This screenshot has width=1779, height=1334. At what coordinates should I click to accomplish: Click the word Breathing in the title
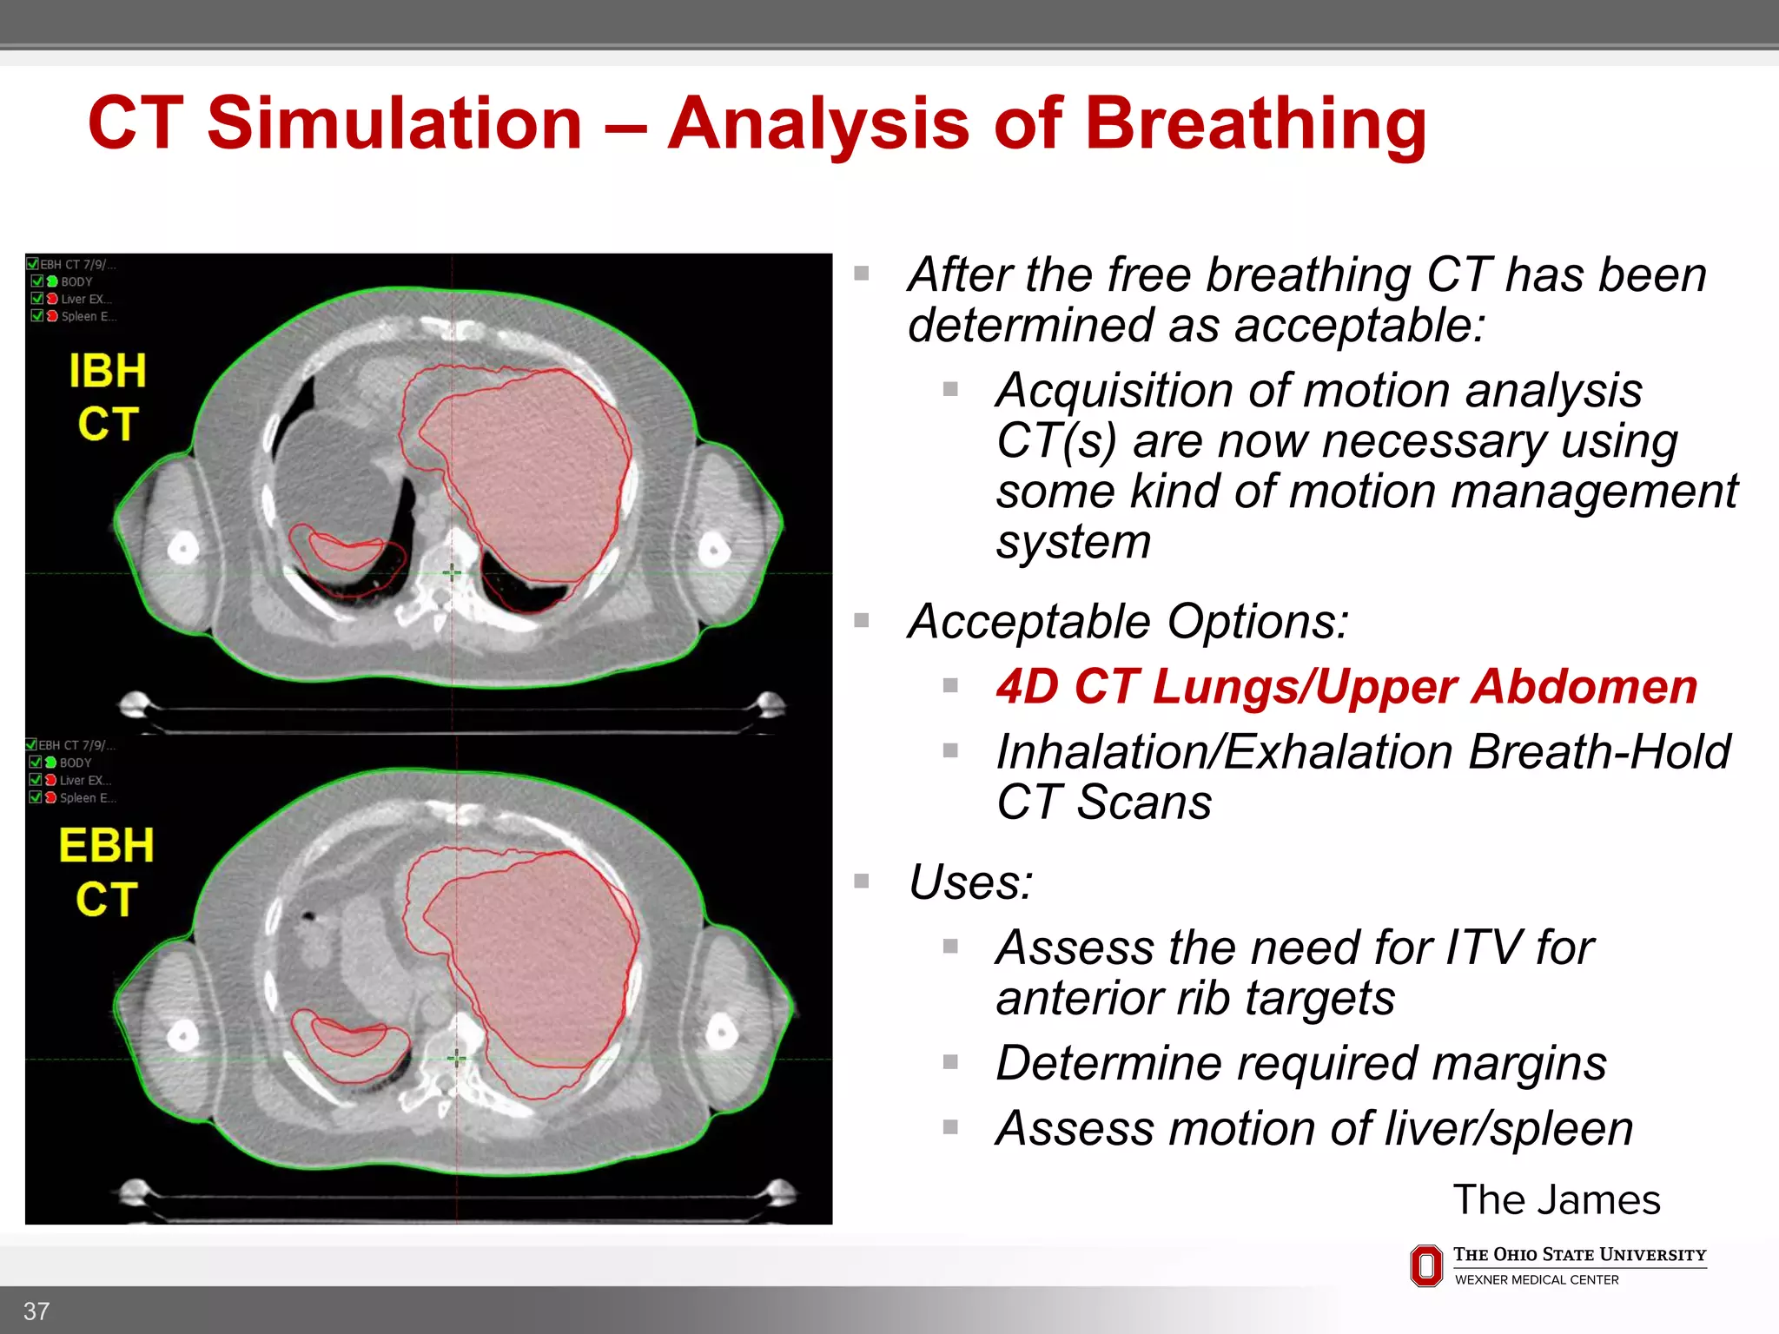[x=1255, y=123]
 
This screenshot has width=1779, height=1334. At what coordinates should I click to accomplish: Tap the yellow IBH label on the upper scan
[x=108, y=372]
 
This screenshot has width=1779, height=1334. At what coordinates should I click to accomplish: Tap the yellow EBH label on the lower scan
[x=106, y=846]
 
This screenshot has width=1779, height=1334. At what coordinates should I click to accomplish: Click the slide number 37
[x=36, y=1311]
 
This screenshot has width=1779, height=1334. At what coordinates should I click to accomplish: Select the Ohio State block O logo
[x=1425, y=1265]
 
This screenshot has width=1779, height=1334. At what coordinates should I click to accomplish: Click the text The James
[x=1556, y=1199]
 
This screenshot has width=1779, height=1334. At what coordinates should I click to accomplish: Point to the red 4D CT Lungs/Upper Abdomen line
[x=1346, y=687]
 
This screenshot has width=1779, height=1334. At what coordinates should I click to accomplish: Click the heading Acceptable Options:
[x=1128, y=622]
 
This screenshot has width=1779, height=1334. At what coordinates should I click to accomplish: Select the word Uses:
[x=970, y=882]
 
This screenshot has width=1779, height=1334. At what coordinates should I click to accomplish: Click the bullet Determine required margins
[x=1300, y=1063]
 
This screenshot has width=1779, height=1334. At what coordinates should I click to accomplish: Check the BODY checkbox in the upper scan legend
[x=37, y=281]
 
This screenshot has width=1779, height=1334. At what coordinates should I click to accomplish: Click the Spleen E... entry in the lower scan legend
[x=86, y=797]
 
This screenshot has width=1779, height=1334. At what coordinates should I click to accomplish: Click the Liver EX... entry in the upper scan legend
[x=85, y=299]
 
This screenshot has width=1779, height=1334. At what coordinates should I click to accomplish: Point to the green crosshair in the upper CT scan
[x=452, y=572]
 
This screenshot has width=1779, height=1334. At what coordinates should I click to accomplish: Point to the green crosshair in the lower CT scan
[x=457, y=1058]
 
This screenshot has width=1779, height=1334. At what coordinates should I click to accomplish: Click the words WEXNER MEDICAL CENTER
[x=1536, y=1280]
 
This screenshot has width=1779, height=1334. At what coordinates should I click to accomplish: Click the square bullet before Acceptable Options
[x=862, y=620]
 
